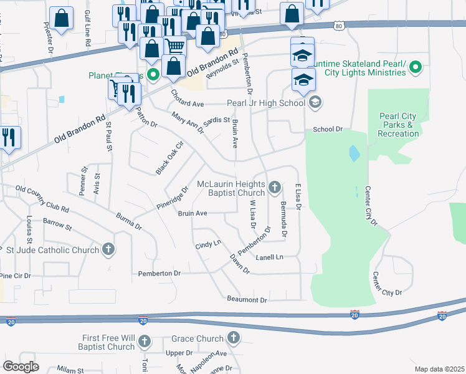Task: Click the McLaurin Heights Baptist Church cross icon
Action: click(275, 186)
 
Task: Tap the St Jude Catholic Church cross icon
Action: click(109, 250)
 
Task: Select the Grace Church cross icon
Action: click(233, 338)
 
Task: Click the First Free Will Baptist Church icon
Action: click(145, 341)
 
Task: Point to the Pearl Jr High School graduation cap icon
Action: click(315, 102)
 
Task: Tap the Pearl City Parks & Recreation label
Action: click(398, 125)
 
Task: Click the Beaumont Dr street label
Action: click(247, 300)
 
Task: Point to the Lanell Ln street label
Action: click(270, 257)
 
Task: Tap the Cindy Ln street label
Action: click(208, 246)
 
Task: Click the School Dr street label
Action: click(328, 129)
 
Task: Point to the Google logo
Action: click(21, 367)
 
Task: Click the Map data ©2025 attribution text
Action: click(439, 369)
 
